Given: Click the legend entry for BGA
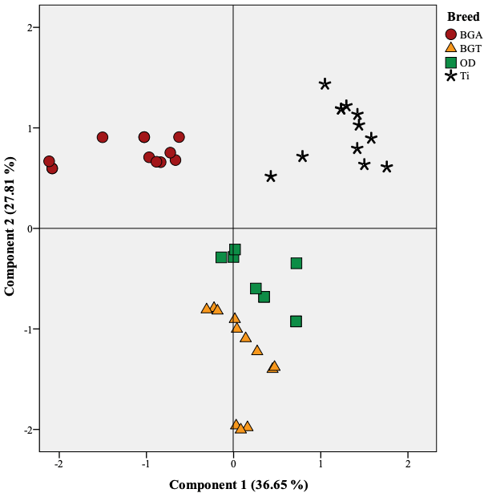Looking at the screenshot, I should [464, 34].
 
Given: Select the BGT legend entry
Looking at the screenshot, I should [464, 48].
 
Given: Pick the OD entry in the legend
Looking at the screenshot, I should [464, 63].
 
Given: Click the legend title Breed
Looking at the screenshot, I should [463, 17].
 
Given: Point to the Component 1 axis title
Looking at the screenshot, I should [238, 484].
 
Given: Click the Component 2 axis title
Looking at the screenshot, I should [10, 228].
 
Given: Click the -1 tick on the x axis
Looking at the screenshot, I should [145, 463].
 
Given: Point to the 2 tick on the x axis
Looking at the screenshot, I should [408, 463].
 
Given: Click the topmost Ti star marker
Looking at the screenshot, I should [325, 84].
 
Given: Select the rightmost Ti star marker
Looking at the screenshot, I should [387, 167].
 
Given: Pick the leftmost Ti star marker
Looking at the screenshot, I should [271, 176].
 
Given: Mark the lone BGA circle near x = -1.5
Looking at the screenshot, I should [103, 137].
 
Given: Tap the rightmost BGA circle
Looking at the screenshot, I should [179, 137].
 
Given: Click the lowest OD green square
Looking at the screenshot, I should [296, 321].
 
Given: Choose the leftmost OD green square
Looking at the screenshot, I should [221, 257].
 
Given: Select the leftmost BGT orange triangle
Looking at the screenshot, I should [207, 309].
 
